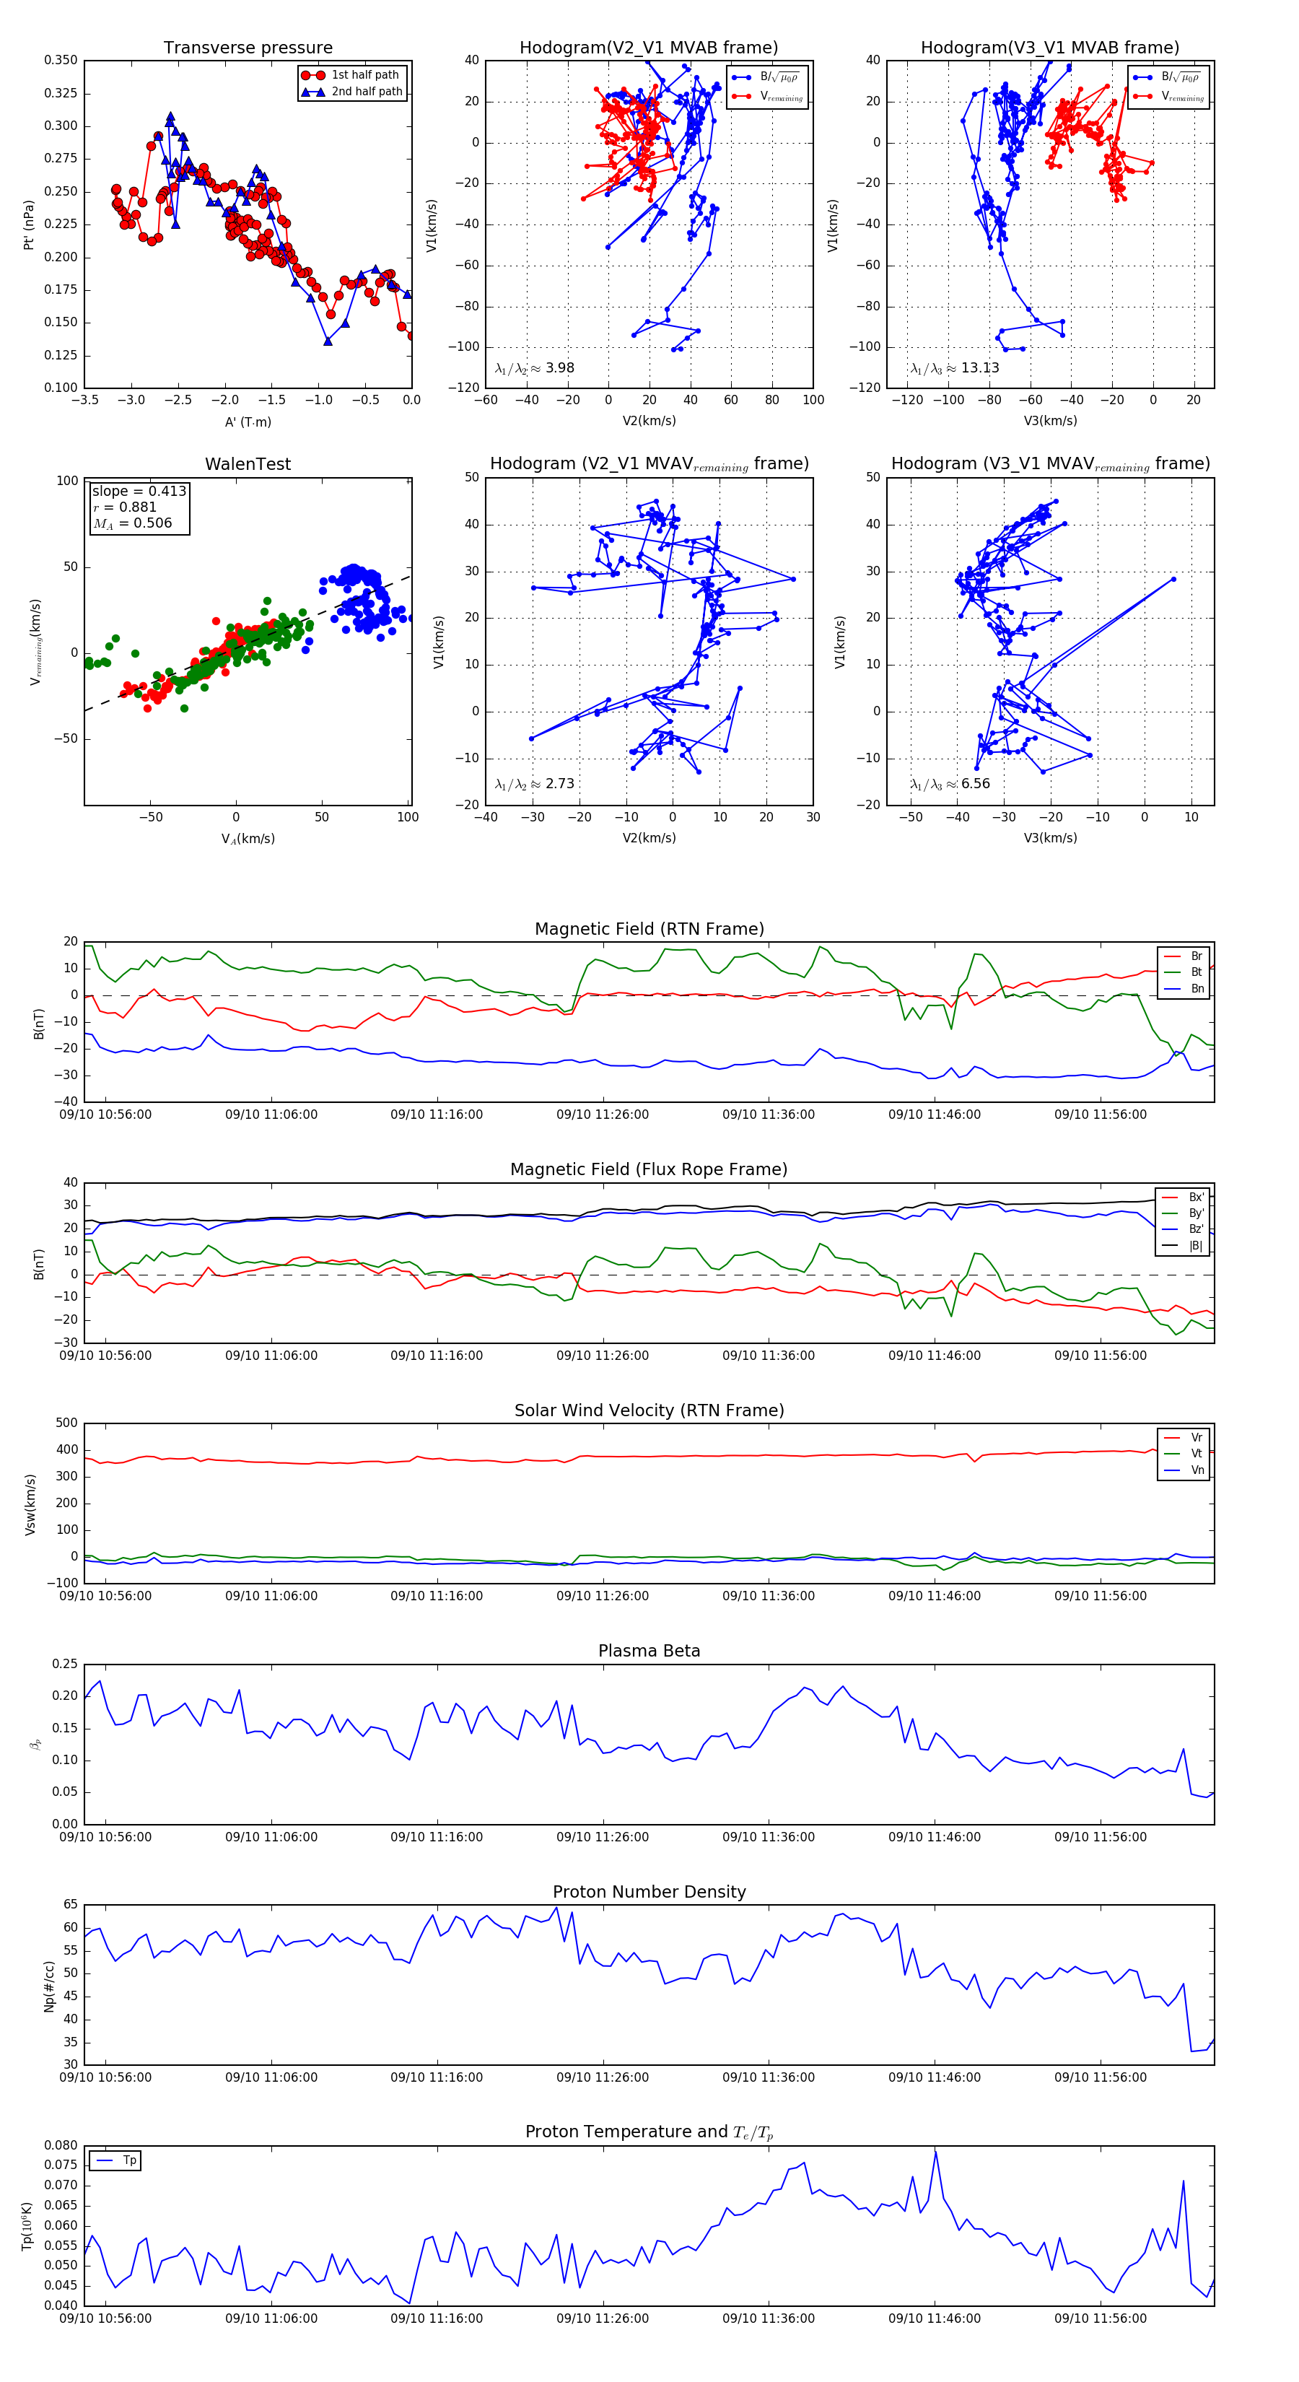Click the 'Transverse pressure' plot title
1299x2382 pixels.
pyautogui.click(x=248, y=48)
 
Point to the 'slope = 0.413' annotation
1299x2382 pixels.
pyautogui.click(x=139, y=491)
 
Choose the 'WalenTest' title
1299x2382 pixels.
pyautogui.click(x=248, y=464)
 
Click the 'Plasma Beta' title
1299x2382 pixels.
pyautogui.click(x=649, y=1651)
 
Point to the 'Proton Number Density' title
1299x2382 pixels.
pyautogui.click(x=649, y=1892)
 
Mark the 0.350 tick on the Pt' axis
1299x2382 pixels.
pyautogui.click(x=61, y=60)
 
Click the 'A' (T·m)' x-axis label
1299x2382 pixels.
pyautogui.click(x=248, y=422)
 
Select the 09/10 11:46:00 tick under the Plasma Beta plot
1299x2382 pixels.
pyautogui.click(x=934, y=1837)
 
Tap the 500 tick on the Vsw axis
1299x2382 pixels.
pyautogui.click(x=66, y=1423)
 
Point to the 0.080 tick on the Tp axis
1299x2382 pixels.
pyautogui.click(x=61, y=2145)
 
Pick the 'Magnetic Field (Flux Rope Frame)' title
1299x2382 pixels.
pyautogui.click(x=649, y=1170)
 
